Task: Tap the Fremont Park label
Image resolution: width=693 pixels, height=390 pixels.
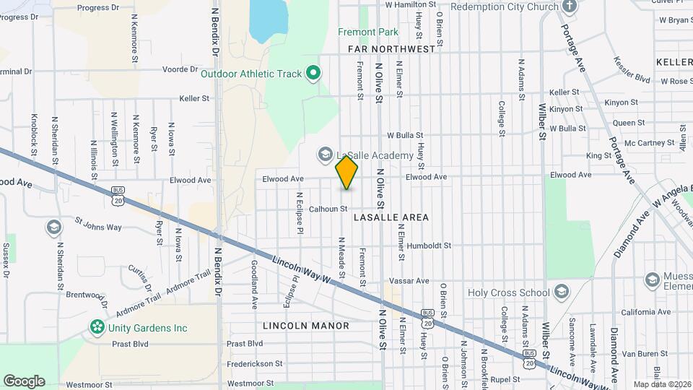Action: pos(367,32)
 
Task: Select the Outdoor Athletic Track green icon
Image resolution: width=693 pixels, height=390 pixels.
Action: pos(313,73)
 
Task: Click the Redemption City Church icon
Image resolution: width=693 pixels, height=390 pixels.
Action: pos(570,6)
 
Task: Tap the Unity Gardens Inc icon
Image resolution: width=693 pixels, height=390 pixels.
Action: pos(97,328)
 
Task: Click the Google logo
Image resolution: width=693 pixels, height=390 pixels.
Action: pos(24,381)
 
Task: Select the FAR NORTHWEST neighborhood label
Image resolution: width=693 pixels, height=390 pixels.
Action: pos(391,49)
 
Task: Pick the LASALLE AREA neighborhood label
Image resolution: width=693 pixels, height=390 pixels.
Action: pos(391,217)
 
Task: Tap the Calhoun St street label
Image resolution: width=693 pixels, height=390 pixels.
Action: pos(328,209)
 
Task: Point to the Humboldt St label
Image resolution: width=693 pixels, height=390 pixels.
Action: pos(428,246)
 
